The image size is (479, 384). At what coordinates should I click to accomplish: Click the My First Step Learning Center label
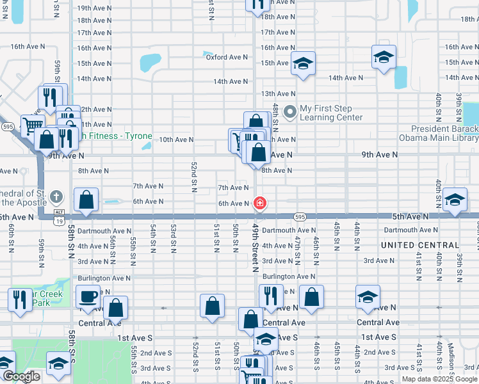(331, 113)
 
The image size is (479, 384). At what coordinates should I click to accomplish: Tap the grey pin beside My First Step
(290, 112)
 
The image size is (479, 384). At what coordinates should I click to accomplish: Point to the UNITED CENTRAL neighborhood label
(420, 245)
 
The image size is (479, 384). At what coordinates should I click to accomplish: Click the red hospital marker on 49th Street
(260, 204)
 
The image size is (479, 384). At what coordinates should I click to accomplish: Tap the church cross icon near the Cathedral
(56, 196)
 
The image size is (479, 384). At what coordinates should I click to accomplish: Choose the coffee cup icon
(88, 296)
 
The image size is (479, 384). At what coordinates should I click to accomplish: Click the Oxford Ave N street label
(225, 58)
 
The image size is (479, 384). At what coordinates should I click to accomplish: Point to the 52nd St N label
(193, 177)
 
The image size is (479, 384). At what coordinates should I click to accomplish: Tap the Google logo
(21, 376)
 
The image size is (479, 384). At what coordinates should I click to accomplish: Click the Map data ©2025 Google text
(440, 379)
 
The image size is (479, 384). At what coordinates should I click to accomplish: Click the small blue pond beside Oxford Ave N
(207, 54)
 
